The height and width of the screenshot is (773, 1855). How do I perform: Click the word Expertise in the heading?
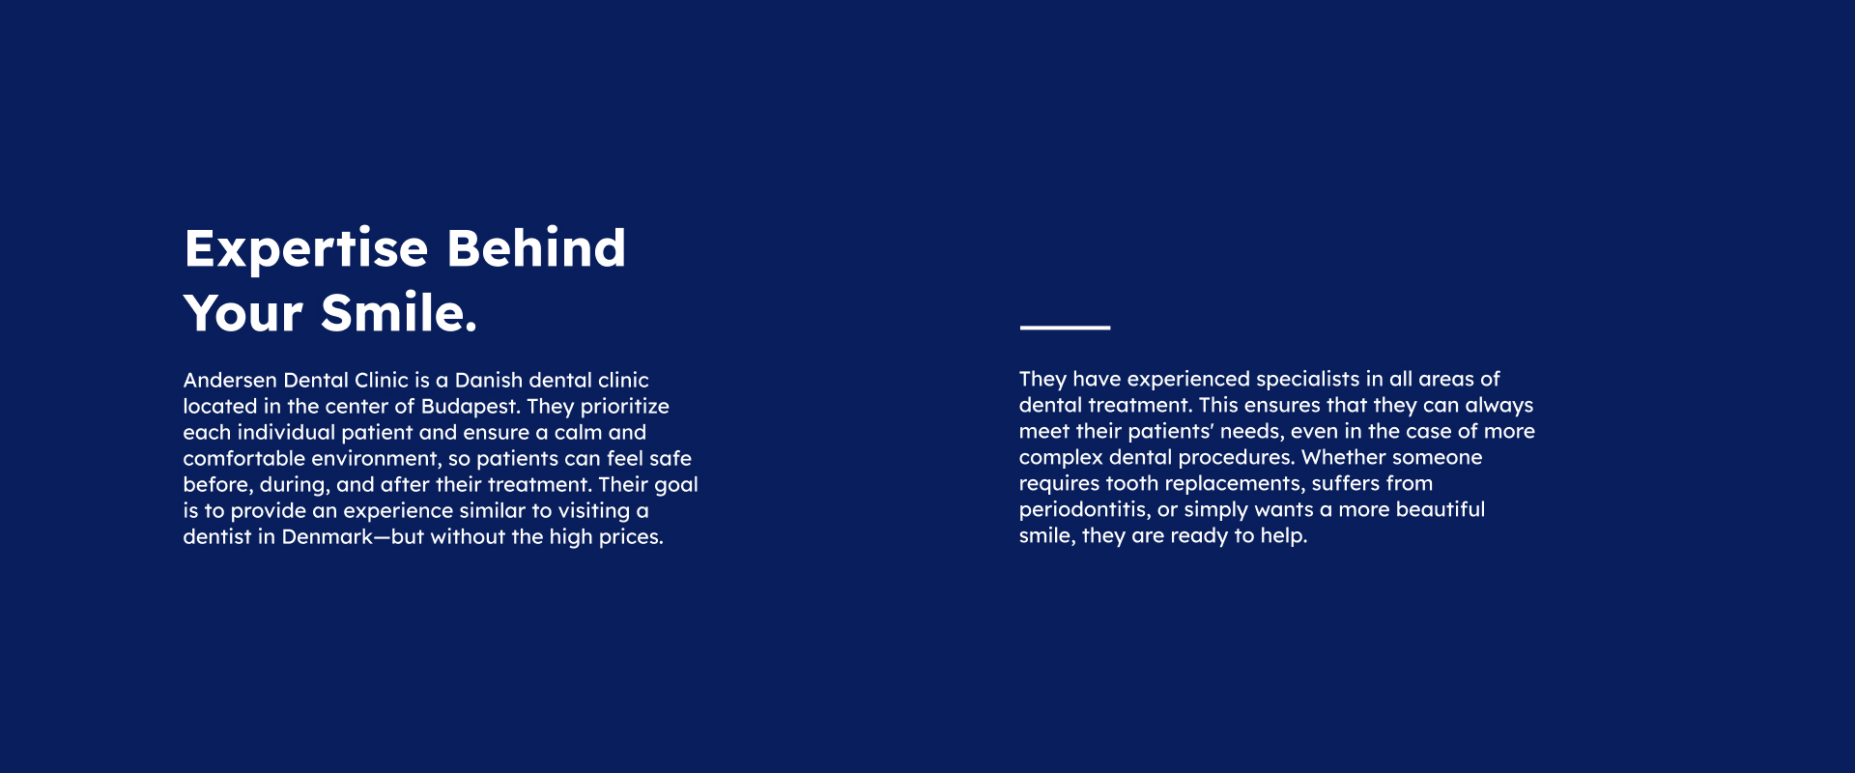306,250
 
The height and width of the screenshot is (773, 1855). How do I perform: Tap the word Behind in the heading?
536,247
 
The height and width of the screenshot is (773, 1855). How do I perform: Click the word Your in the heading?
243,313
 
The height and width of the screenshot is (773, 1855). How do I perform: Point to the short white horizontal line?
1065,328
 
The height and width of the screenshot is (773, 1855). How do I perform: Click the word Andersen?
230,380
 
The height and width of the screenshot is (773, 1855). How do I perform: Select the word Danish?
489,380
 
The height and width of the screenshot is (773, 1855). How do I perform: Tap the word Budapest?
471,407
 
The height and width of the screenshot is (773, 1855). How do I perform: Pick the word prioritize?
624,407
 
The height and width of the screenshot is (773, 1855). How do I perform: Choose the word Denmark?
328,536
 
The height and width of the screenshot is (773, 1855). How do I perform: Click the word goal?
676,485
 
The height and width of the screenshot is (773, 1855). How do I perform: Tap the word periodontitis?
1085,510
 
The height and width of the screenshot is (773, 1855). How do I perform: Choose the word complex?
1061,458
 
